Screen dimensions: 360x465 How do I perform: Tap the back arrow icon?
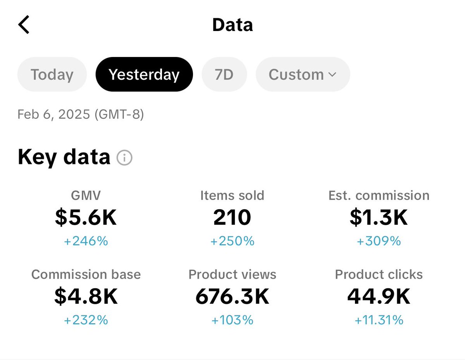coord(24,25)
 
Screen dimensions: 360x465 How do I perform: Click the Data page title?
coord(232,25)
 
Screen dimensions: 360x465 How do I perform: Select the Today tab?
coord(52,74)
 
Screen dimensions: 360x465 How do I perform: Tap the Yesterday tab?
coord(144,74)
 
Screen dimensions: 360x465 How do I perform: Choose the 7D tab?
coord(224,74)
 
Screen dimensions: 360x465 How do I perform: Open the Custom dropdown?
coord(303,74)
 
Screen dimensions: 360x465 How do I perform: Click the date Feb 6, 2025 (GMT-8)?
coord(81,115)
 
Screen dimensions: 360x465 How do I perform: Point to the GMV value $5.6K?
coord(86,217)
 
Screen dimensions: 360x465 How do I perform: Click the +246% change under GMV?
coord(86,241)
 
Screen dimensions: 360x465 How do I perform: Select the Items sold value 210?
coord(232,217)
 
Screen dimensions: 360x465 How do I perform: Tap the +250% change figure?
coord(232,241)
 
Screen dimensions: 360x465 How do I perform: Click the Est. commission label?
coord(379,195)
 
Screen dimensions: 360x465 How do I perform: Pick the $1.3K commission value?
coord(379,217)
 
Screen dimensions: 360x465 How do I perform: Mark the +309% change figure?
coord(379,241)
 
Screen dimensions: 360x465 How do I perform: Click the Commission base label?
coord(86,274)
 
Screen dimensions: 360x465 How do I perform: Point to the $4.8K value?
coord(86,296)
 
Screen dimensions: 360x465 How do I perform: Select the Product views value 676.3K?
coord(232,296)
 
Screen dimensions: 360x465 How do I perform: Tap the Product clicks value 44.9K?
coord(379,296)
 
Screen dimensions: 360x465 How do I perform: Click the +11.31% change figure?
coord(379,320)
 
